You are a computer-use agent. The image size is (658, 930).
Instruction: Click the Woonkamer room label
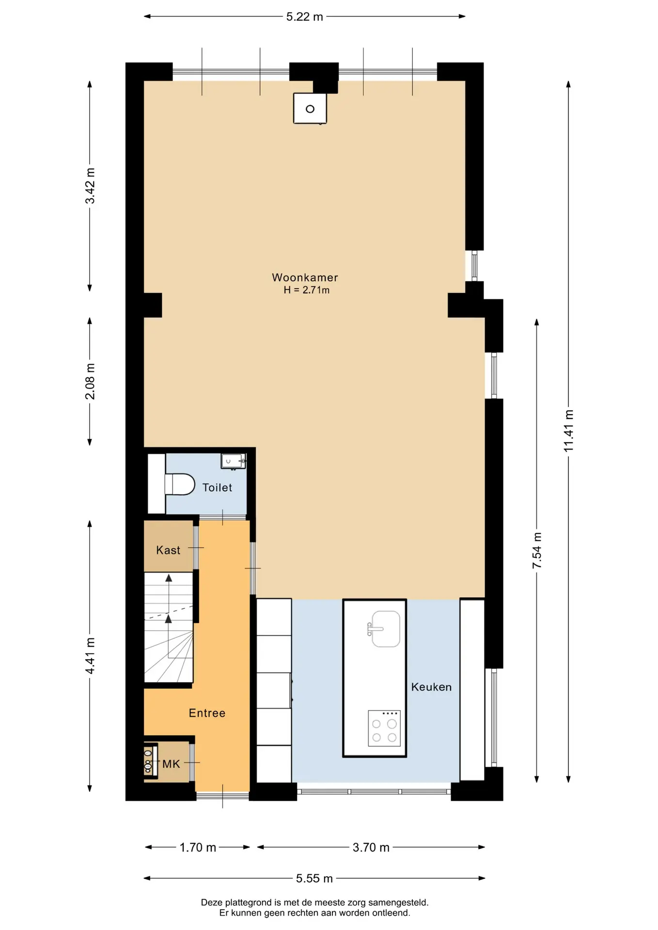(x=305, y=278)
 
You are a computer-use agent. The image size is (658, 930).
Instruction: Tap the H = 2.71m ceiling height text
(x=306, y=290)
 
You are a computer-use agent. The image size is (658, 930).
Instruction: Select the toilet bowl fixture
(x=179, y=484)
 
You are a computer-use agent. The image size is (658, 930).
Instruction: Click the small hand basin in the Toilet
(x=233, y=461)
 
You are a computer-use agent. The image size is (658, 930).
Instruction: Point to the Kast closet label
(x=168, y=550)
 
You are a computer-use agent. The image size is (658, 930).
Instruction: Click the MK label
(x=171, y=764)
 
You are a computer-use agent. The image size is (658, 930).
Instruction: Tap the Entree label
(x=207, y=713)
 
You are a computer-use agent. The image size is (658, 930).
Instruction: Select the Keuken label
(x=431, y=687)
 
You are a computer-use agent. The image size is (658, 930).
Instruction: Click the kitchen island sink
(x=385, y=629)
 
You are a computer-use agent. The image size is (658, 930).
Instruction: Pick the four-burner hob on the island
(x=384, y=728)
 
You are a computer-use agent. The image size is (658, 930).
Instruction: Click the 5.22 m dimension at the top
(x=304, y=17)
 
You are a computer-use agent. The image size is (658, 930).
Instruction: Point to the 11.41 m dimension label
(x=568, y=431)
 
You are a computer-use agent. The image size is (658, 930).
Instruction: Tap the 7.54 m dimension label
(x=537, y=551)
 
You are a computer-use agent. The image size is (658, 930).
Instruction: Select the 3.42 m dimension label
(x=90, y=186)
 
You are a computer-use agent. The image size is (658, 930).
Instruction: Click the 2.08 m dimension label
(x=90, y=381)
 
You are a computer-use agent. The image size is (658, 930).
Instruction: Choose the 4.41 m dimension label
(x=90, y=656)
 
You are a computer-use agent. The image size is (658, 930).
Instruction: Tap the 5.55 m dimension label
(x=314, y=878)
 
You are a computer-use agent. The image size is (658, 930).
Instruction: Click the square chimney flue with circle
(x=310, y=108)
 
